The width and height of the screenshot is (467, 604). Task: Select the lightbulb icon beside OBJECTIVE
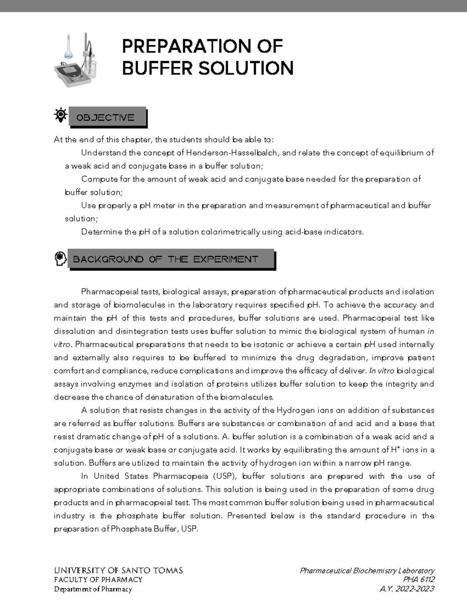click(60, 115)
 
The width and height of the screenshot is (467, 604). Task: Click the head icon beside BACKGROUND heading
click(60, 258)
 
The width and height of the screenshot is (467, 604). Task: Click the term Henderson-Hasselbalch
click(232, 153)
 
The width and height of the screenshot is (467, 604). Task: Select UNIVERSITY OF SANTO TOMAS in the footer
click(118, 571)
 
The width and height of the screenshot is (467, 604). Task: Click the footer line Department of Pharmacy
click(93, 589)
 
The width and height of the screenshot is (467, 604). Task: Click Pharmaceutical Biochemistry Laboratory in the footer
click(367, 571)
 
